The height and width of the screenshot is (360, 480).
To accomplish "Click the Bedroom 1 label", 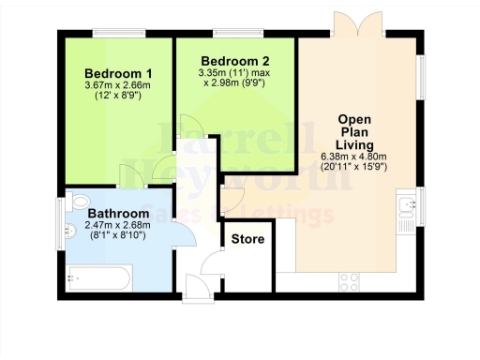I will pyautogui.click(x=118, y=74).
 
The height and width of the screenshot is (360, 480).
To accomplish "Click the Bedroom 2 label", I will pyautogui.click(x=229, y=59).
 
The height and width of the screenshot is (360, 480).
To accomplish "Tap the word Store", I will pyautogui.click(x=248, y=240).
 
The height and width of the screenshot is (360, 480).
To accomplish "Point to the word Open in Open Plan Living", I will pyautogui.click(x=357, y=120).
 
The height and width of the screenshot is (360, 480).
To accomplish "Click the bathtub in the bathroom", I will pyautogui.click(x=99, y=277).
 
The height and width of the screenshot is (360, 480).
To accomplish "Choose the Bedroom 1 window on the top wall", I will pyautogui.click(x=119, y=35).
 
